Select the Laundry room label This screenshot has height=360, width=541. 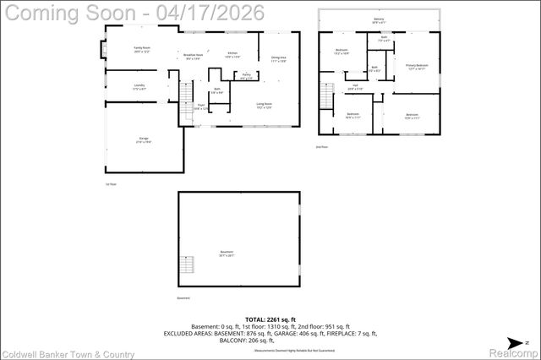[139, 86]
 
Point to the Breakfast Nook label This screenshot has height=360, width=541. [193, 56]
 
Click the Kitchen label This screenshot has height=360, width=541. [232, 55]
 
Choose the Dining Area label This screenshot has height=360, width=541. [278, 58]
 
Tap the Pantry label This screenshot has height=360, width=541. [246, 76]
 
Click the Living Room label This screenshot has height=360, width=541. [264, 105]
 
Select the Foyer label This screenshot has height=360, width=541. [201, 106]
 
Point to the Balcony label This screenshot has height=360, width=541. [377, 19]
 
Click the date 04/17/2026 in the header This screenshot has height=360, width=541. [215, 13]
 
